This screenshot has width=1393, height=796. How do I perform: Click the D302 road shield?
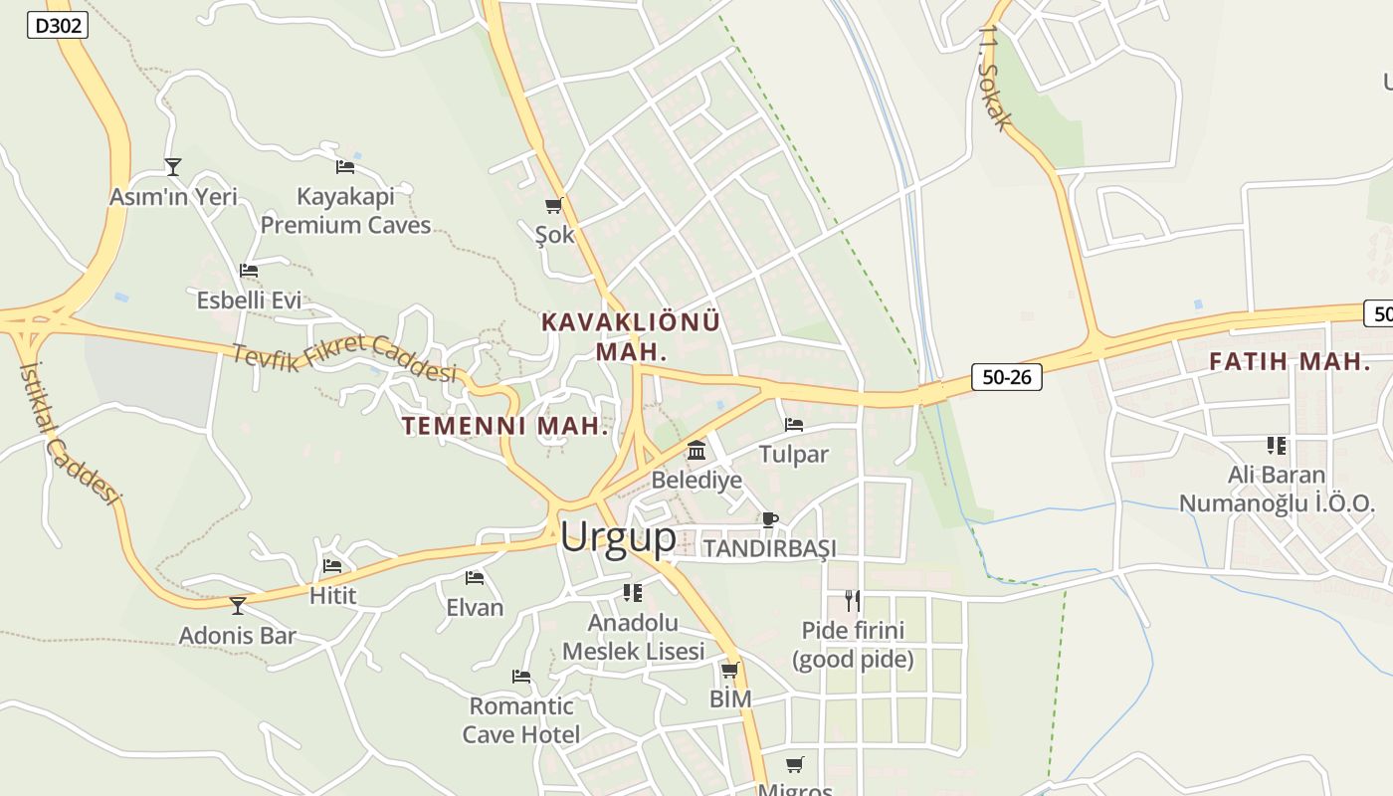[x=57, y=26]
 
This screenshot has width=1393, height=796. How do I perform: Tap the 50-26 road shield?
[x=1006, y=377]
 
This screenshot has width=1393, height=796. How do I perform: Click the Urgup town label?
[x=618, y=537]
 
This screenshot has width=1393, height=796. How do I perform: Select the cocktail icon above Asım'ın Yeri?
[x=173, y=166]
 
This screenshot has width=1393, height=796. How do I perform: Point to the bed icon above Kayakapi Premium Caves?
[x=345, y=166]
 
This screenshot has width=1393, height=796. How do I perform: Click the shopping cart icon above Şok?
[x=554, y=206]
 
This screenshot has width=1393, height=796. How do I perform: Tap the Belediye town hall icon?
[x=696, y=451]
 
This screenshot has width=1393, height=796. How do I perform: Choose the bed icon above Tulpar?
[x=793, y=425]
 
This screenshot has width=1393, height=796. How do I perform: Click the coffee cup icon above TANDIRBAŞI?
[x=769, y=519]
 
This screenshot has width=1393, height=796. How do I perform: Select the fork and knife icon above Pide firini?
[x=853, y=600]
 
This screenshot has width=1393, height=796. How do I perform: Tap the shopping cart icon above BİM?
[x=730, y=670]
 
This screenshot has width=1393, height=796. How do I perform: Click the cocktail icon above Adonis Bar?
[x=238, y=605]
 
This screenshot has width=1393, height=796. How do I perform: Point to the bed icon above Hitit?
[x=332, y=566]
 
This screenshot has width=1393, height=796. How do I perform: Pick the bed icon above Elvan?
[x=475, y=577]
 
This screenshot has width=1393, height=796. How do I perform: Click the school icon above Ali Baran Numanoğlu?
[x=1277, y=445]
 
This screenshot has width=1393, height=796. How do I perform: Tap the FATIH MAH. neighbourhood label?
[x=1290, y=362]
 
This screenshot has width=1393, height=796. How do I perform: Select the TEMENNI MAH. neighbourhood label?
[x=504, y=427]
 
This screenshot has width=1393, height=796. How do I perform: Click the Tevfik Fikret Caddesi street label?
[x=344, y=358]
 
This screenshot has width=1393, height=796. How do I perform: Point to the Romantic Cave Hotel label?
[x=521, y=720]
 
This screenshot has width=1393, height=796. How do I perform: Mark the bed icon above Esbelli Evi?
[x=249, y=270]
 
